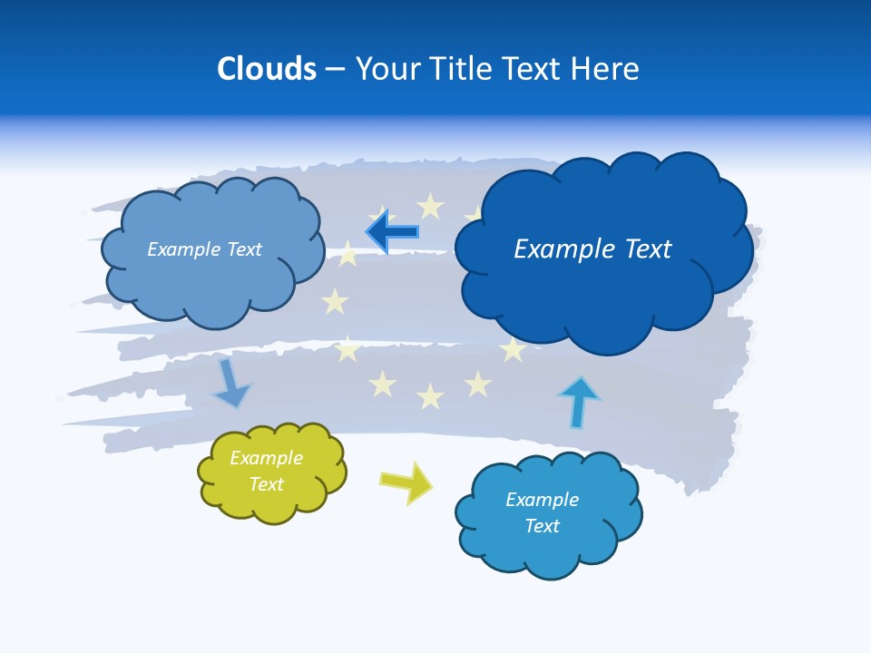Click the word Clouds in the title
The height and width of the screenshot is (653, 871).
267,69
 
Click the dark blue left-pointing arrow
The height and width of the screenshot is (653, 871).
392,232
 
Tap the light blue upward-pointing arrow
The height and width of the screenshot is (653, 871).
578,402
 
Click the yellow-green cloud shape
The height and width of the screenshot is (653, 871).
271,472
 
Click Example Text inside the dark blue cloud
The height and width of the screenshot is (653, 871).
592,249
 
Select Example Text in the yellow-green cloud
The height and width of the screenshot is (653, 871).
267,471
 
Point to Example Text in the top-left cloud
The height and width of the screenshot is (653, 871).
204,249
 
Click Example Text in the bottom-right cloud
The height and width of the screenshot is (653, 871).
542,512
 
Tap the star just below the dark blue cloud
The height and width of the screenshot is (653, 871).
514,349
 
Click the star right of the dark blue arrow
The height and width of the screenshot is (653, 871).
430,208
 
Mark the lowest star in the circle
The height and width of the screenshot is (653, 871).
430,396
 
